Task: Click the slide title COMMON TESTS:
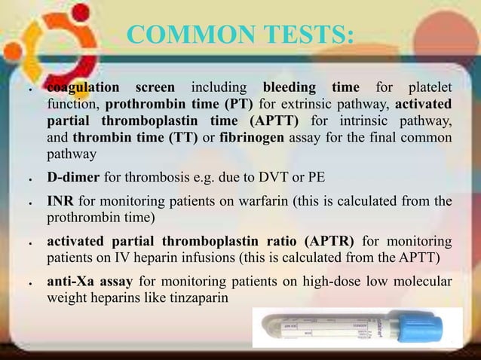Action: (239, 35)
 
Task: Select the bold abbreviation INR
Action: (60, 202)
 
